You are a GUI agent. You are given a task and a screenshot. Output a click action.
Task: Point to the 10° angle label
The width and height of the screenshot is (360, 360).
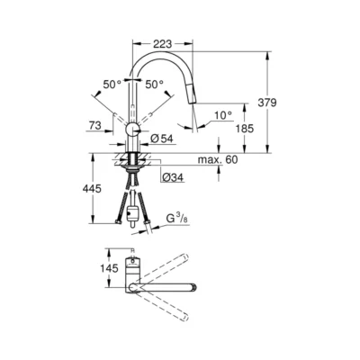point(224,114)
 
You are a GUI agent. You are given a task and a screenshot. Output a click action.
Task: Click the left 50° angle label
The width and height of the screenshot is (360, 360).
point(112,84)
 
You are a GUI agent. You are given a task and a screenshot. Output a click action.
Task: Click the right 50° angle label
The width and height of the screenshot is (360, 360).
point(155,84)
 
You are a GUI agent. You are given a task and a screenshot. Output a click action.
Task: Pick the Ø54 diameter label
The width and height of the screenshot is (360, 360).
point(162,138)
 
